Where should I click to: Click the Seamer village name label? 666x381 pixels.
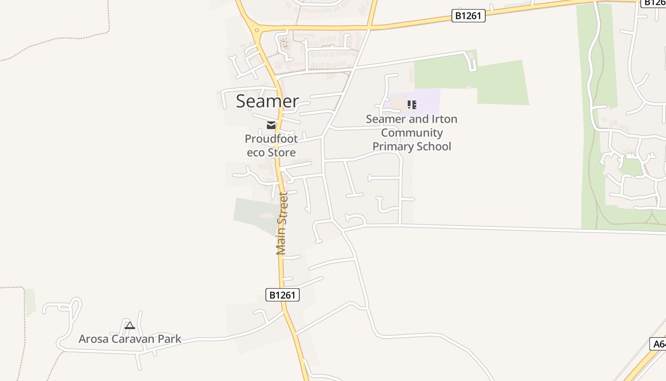(x=267, y=101)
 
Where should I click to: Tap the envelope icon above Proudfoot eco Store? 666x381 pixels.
(x=271, y=125)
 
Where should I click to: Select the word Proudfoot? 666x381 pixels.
(x=271, y=139)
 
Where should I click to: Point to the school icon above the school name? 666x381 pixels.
(x=411, y=104)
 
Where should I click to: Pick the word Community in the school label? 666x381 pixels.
(x=412, y=133)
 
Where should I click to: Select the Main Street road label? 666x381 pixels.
(x=282, y=223)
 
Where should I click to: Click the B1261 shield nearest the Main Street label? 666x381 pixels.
(x=283, y=295)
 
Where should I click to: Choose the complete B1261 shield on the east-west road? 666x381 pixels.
(x=469, y=16)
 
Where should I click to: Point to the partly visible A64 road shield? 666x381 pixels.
(x=658, y=344)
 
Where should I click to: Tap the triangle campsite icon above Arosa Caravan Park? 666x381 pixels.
(x=129, y=326)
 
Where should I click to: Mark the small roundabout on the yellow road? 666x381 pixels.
(x=257, y=30)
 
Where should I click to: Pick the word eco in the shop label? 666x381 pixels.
(x=256, y=152)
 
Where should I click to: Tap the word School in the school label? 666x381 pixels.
(x=433, y=146)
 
